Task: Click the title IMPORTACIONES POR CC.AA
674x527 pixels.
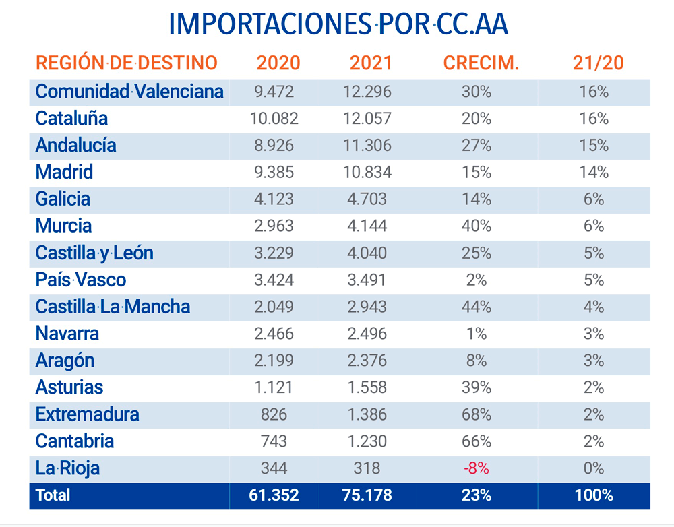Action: click(x=338, y=25)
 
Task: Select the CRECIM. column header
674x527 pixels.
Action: click(x=481, y=63)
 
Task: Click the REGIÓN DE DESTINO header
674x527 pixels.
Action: click(x=127, y=63)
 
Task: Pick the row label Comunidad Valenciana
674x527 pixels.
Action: click(x=129, y=91)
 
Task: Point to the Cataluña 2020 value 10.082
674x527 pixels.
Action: click(x=274, y=118)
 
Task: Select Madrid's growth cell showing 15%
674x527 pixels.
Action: click(x=477, y=172)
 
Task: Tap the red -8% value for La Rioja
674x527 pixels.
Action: click(x=477, y=468)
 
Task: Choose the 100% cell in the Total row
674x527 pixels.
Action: click(x=594, y=495)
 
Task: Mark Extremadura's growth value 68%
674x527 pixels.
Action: click(x=477, y=414)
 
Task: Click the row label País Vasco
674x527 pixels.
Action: click(x=81, y=280)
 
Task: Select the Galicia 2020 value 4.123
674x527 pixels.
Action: click(x=274, y=199)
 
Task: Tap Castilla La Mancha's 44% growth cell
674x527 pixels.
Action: click(x=477, y=307)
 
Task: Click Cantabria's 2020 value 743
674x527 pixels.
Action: click(x=274, y=441)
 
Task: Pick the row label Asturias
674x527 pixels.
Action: click(x=69, y=387)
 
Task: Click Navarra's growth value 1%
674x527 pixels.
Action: click(x=477, y=334)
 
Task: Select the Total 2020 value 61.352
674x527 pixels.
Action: click(x=274, y=495)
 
